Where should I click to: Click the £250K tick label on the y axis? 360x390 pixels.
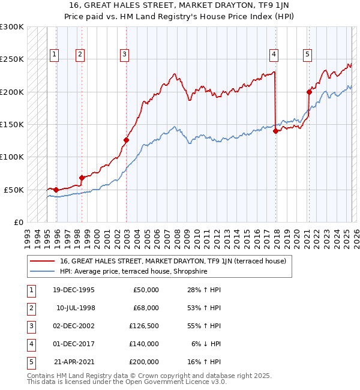[x=12, y=59]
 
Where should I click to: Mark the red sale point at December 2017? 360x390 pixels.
[x=275, y=131]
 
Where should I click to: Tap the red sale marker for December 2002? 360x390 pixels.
[x=127, y=140]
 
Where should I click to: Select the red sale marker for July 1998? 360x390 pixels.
[x=82, y=178]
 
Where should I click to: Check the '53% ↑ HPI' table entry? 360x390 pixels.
[x=202, y=308]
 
